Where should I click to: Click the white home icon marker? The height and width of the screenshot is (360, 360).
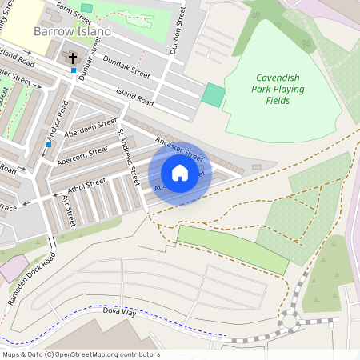point(180,172)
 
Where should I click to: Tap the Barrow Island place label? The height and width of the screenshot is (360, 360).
point(73,30)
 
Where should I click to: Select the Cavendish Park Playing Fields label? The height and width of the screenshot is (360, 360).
point(279,89)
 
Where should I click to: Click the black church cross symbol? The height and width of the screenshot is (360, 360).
point(73,58)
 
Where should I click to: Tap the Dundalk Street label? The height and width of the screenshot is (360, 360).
point(127,71)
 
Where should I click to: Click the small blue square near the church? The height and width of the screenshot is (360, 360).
point(73,70)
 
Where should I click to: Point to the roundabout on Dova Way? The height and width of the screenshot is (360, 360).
point(288,322)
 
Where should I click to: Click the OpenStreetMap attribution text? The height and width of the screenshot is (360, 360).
point(81,354)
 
